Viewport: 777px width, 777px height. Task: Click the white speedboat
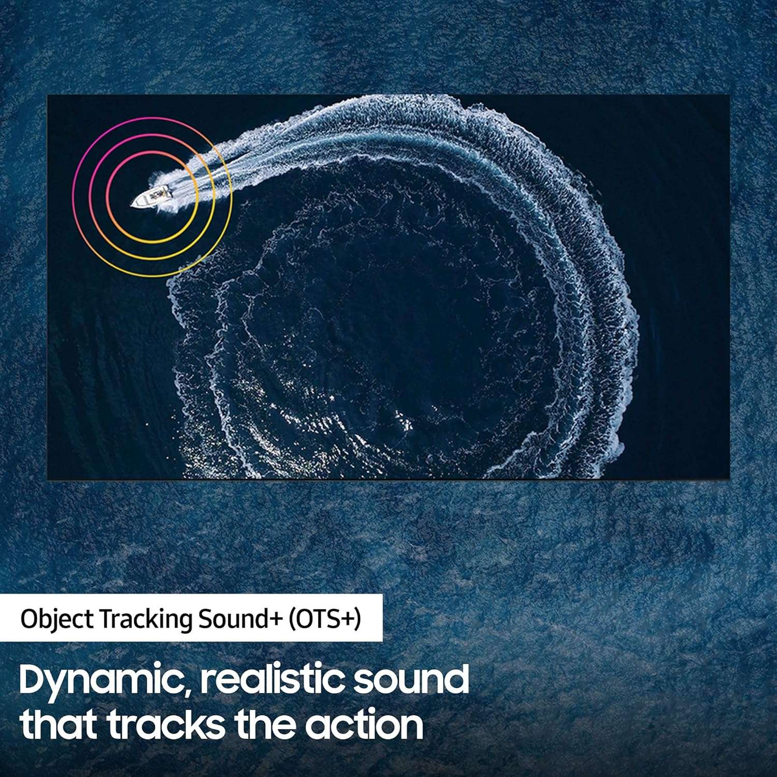coord(151,196)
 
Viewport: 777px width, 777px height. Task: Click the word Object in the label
coord(57,620)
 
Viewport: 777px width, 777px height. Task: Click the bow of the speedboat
coord(133,205)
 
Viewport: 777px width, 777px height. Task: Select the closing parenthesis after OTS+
coord(357,620)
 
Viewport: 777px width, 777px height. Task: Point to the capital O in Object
coord(30,620)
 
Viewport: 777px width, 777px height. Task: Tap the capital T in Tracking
coord(106,620)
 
